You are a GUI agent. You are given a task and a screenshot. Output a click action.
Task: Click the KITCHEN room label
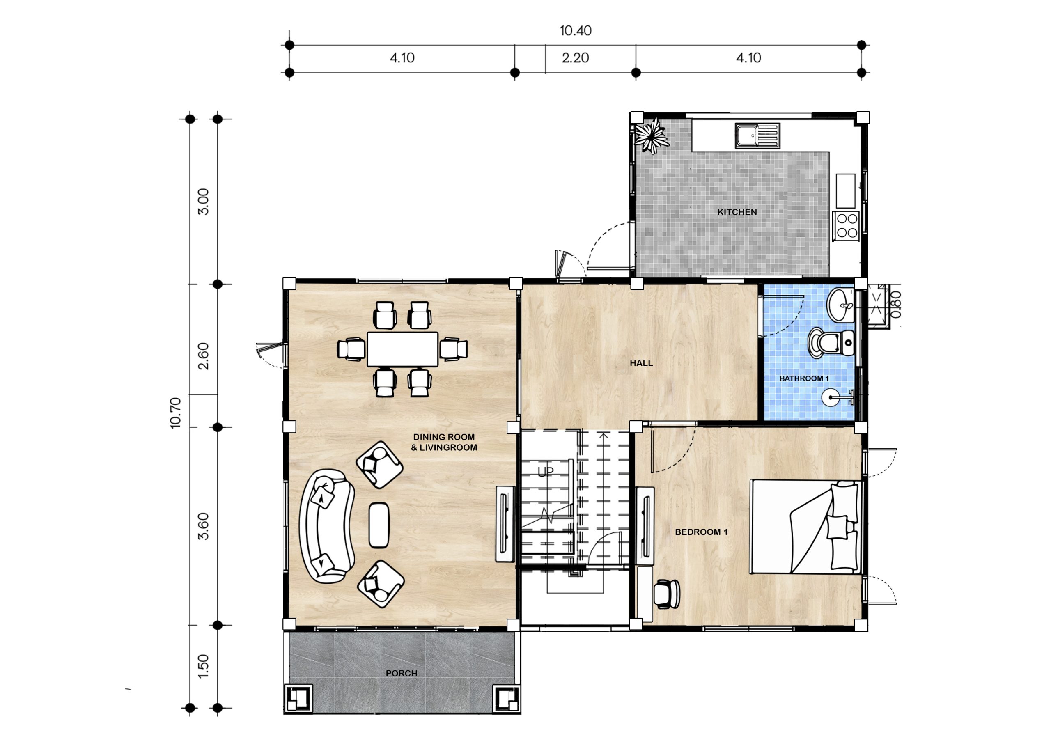tap(737, 212)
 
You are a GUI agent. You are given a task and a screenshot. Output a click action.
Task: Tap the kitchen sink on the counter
tap(757, 136)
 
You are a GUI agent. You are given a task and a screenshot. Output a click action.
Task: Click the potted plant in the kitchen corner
tap(651, 135)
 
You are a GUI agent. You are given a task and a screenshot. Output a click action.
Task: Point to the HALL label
tap(641, 363)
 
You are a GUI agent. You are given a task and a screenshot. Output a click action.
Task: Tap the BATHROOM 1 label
tap(804, 378)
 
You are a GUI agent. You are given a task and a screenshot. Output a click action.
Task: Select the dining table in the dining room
tap(402, 349)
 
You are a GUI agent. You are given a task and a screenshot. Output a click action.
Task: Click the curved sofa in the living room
tap(326, 526)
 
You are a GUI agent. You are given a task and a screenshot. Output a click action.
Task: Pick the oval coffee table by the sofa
tap(379, 525)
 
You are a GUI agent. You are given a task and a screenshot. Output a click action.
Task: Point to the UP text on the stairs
tap(546, 472)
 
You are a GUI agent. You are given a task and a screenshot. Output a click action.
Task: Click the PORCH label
tap(402, 673)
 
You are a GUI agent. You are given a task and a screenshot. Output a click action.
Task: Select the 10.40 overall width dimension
tap(576, 31)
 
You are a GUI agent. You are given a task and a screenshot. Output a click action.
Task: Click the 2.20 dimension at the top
tap(576, 58)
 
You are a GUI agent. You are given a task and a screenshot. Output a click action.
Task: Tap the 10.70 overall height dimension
tap(176, 413)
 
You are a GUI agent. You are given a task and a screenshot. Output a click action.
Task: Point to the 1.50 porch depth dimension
tap(203, 666)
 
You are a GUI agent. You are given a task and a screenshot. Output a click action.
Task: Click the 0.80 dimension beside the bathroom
tap(896, 305)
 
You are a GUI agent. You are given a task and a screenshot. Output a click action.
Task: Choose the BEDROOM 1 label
tap(701, 532)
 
